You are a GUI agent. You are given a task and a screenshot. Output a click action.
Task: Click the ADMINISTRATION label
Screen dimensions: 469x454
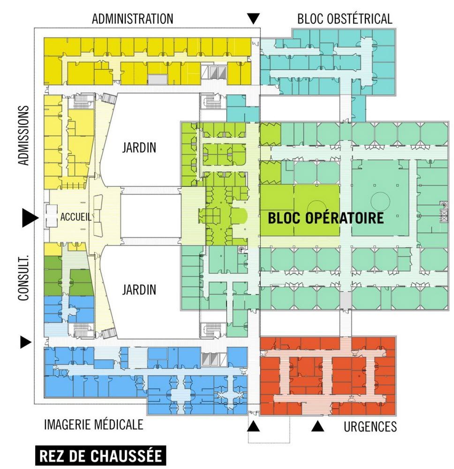point(133,19)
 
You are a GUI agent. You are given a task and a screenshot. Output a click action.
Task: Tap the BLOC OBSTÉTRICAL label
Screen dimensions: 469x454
point(345,19)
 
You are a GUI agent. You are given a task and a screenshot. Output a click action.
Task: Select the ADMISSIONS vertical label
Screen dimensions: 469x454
point(23,136)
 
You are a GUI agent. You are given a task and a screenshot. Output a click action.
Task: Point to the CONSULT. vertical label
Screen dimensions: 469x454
point(23,272)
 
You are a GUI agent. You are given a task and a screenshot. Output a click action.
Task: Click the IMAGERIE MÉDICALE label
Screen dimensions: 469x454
point(93,425)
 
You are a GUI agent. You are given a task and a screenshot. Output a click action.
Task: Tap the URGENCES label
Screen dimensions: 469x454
point(370,427)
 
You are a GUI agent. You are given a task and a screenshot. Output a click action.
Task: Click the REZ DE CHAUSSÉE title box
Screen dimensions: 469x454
point(100,456)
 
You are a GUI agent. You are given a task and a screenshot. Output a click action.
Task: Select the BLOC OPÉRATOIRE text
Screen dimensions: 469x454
point(325,218)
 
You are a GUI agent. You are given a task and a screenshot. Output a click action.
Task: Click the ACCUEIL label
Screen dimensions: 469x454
point(75,217)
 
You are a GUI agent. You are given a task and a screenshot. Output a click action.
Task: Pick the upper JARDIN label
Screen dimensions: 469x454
point(139,148)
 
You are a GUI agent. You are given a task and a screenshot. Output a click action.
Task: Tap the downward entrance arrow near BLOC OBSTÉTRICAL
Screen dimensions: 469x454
point(253,19)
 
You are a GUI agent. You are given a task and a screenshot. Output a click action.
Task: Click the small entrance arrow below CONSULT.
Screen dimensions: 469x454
point(25,342)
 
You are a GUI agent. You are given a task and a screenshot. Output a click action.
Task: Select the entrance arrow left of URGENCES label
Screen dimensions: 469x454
point(318,426)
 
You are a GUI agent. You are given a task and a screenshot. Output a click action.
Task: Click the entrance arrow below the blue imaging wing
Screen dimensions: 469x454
point(253,426)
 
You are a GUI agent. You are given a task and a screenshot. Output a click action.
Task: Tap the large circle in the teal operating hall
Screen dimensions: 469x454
point(380,201)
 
